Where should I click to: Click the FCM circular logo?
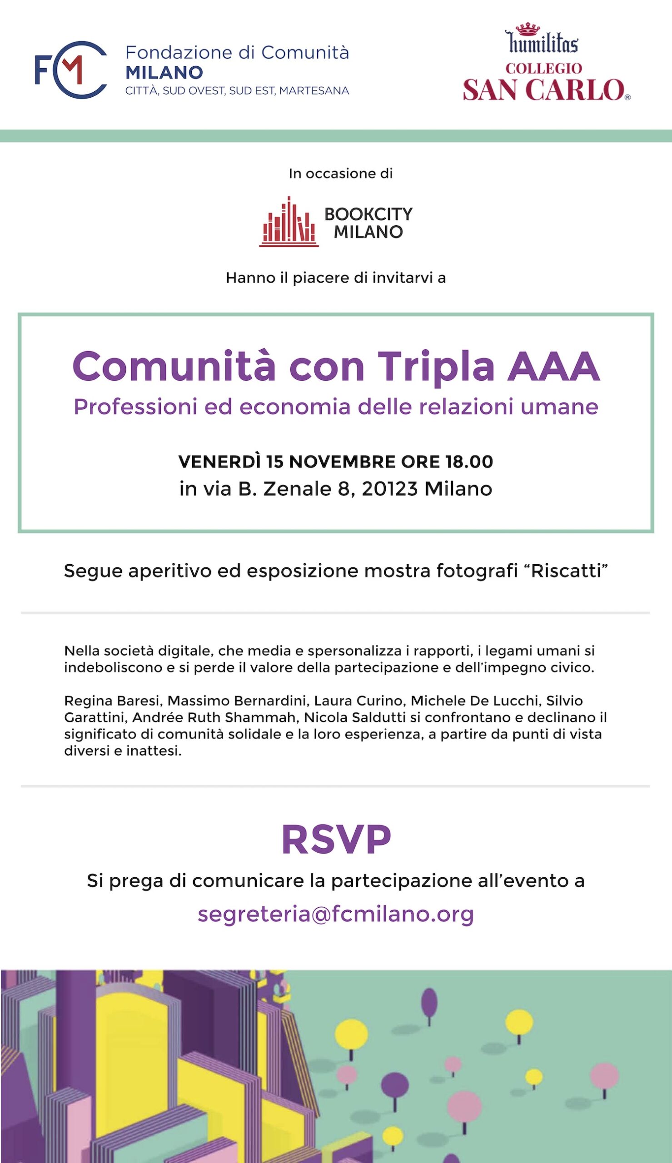pos(71,70)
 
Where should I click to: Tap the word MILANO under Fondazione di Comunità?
pos(164,72)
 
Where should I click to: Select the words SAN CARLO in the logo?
pos(544,89)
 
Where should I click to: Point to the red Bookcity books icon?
pos(289,222)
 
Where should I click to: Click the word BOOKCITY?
pos(368,214)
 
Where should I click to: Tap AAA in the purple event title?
pos(553,367)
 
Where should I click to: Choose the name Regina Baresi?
pos(113,701)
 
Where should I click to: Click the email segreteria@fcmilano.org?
pos(336,914)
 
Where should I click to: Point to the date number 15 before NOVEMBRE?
pos(274,462)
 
